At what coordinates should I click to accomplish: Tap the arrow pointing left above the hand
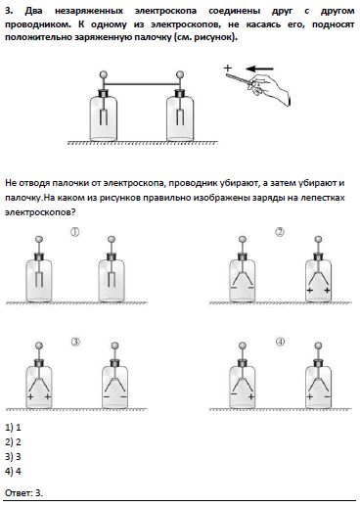(x=259, y=69)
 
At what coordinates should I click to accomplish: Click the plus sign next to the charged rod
(x=228, y=68)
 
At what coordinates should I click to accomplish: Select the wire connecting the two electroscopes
(x=141, y=84)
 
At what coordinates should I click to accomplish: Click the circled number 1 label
(x=74, y=232)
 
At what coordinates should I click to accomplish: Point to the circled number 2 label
(x=280, y=232)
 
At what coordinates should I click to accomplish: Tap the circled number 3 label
(x=75, y=342)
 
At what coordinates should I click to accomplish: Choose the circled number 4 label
(x=280, y=342)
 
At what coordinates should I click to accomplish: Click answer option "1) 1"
(x=13, y=427)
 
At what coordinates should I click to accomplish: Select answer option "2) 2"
(x=13, y=441)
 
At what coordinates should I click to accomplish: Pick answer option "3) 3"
(x=13, y=456)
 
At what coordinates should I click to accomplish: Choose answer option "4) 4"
(x=13, y=471)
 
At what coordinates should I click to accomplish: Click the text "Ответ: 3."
(x=23, y=492)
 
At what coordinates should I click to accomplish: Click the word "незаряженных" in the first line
(x=89, y=11)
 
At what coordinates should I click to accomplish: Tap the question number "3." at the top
(x=9, y=11)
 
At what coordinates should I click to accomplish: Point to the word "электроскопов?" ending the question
(x=40, y=212)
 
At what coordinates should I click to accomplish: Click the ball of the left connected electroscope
(x=104, y=74)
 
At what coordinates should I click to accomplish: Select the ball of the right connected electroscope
(x=180, y=74)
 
